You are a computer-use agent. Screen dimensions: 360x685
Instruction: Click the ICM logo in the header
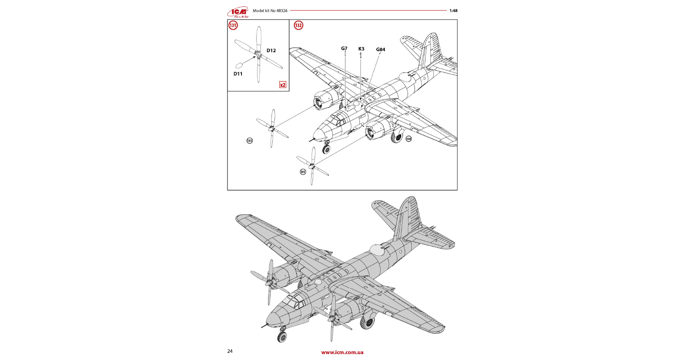click(238, 12)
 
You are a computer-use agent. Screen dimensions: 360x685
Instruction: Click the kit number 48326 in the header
click(282, 11)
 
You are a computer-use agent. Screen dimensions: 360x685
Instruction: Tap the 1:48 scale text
click(453, 11)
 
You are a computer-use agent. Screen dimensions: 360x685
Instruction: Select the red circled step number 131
click(233, 25)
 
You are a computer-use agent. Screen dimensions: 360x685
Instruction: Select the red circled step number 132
click(299, 25)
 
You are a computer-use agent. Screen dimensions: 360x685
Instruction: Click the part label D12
click(271, 51)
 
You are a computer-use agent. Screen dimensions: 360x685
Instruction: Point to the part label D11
click(238, 74)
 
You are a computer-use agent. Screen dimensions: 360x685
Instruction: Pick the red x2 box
click(283, 85)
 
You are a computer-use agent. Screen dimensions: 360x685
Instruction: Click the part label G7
click(344, 49)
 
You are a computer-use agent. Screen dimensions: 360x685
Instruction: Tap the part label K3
click(361, 49)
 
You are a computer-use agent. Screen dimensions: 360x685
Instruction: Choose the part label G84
click(381, 49)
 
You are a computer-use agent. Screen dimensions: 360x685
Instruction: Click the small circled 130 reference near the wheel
click(408, 139)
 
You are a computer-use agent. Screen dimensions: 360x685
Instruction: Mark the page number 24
click(230, 351)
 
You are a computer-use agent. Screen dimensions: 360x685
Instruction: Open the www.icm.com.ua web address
click(342, 352)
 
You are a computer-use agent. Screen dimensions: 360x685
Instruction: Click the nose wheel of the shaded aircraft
click(282, 337)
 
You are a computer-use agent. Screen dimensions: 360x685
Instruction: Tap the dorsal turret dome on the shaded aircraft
click(377, 250)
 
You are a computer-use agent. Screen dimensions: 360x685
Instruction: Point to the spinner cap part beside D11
click(239, 66)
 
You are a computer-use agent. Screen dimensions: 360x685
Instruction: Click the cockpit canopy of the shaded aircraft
click(295, 301)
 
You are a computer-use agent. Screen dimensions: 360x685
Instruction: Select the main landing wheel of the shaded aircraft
click(367, 322)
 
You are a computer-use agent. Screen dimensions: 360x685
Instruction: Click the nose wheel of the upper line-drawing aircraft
click(326, 149)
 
